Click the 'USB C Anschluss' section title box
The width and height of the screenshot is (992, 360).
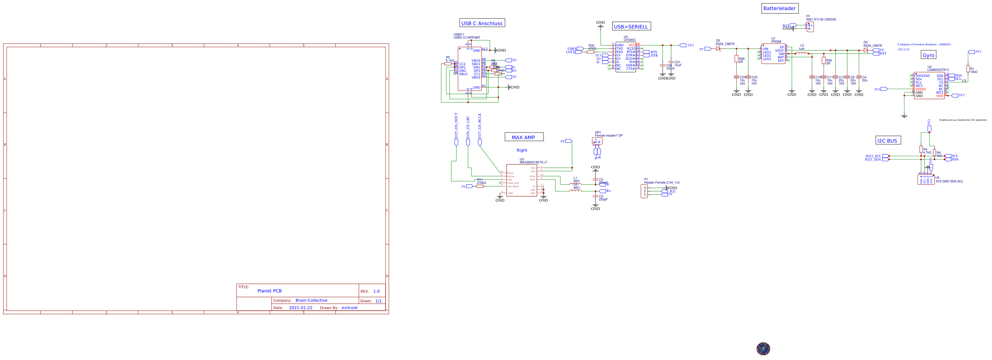pyautogui.click(x=482, y=23)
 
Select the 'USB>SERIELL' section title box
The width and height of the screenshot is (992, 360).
pyautogui.click(x=632, y=26)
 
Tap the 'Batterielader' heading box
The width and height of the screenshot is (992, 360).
pyautogui.click(x=780, y=8)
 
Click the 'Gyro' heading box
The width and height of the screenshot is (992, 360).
pyautogui.click(x=928, y=55)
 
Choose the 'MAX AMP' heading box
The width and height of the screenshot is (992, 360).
pyautogui.click(x=524, y=137)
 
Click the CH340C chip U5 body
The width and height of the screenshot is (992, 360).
pyautogui.click(x=626, y=57)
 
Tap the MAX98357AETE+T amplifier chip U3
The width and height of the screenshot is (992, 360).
pyautogui.click(x=522, y=180)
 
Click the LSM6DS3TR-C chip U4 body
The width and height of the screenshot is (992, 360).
pyautogui.click(x=929, y=86)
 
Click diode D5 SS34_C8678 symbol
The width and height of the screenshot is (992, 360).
pyautogui.click(x=718, y=49)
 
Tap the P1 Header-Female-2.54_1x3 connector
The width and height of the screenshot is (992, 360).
pyautogui.click(x=644, y=191)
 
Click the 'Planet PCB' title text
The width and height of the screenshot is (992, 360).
pyautogui.click(x=269, y=291)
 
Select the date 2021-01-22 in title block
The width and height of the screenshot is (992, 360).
pyautogui.click(x=300, y=308)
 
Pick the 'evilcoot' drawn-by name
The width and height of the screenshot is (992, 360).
pyautogui.click(x=349, y=308)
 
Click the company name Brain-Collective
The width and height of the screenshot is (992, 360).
pyautogui.click(x=311, y=300)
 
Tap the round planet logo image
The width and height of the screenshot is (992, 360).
pyautogui.click(x=763, y=349)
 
